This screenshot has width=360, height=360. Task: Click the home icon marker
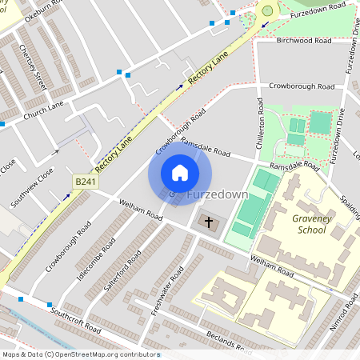[180, 172]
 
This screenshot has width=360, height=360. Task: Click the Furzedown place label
[217, 194]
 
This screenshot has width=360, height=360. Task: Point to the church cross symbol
[210, 222]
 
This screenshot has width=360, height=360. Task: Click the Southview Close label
[32, 187]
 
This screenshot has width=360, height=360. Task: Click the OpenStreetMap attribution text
[80, 354]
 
